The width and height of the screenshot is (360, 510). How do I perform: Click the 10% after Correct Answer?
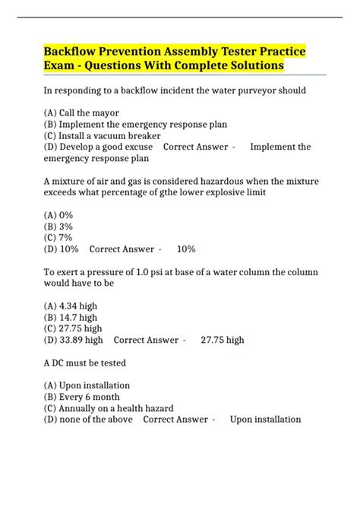coord(186,249)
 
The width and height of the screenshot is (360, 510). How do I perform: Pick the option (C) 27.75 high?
coord(76,328)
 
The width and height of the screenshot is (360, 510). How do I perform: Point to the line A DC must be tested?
coord(84,363)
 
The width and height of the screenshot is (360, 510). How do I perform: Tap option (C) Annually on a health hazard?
coord(109,408)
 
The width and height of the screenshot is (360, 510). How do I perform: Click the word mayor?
coord(107,112)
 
